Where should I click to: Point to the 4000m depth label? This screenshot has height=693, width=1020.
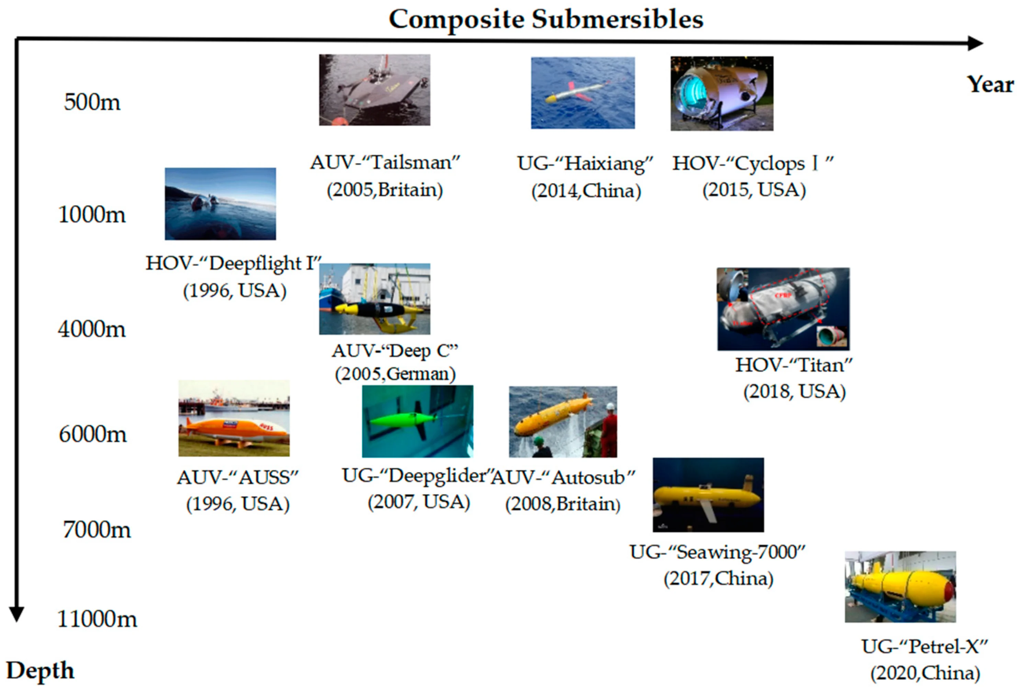point(92,329)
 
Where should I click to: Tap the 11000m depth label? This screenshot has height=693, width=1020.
point(97,619)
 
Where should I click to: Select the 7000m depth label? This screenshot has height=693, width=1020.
point(97,529)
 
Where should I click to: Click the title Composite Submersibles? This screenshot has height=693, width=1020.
point(546,20)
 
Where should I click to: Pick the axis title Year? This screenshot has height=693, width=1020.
point(990,84)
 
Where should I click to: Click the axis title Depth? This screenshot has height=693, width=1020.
point(40,671)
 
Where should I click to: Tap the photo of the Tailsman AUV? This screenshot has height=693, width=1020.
point(374,90)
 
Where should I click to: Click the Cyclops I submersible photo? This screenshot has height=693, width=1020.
point(722,93)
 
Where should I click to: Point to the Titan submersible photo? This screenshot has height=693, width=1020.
point(783,309)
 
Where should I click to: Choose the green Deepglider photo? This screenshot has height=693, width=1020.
point(417,421)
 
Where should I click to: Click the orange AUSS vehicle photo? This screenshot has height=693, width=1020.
point(234,418)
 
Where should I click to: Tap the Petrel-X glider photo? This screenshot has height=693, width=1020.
point(900,587)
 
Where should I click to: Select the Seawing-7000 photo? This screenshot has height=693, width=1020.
point(708,495)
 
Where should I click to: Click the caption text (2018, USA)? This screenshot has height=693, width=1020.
point(794,391)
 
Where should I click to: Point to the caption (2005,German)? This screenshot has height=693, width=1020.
point(395,374)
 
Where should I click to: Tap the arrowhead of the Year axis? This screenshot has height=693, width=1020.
point(975,43)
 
